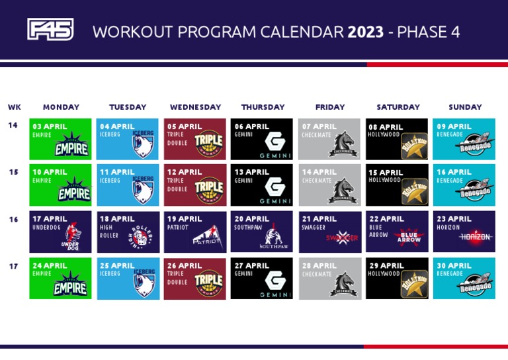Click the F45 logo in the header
point(50,30)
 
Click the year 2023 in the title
point(365,32)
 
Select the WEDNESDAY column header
point(195,107)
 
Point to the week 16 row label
point(14,220)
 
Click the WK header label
point(14,107)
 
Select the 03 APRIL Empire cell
point(60,139)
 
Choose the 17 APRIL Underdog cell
point(60,232)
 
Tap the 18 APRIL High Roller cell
point(128,232)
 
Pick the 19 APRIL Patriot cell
point(195,232)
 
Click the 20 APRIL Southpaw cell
point(262,232)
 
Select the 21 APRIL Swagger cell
point(329,232)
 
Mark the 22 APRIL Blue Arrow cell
point(397,232)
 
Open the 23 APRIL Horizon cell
point(464,232)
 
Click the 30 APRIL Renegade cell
point(464,278)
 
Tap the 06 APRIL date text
point(252,126)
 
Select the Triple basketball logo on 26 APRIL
point(208,283)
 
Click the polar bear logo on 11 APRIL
point(143,189)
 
